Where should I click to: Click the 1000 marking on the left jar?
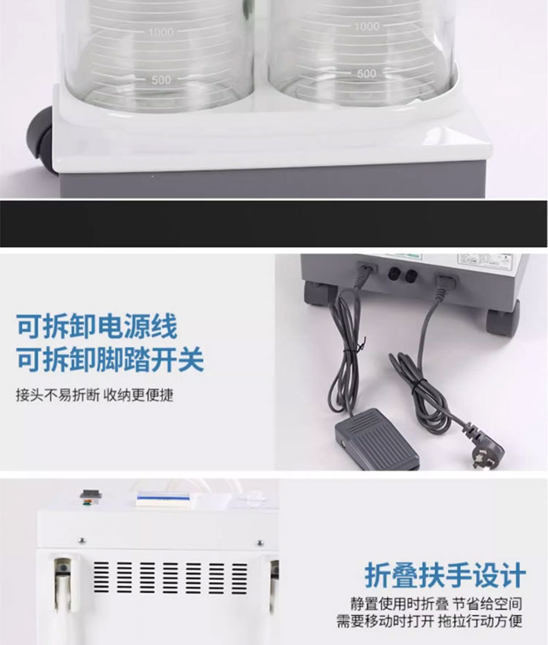coord(160,32)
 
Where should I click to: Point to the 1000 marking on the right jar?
coord(367,26)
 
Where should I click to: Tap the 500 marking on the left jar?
coord(161,80)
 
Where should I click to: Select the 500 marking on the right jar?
coord(366,73)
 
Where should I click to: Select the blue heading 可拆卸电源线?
coord(96,326)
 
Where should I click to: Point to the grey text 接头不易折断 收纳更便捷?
coord(94,396)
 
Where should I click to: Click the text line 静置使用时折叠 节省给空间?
coord(436,604)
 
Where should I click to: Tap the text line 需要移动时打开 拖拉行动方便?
coord(429,621)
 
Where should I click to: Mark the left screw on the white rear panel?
coord(81,541)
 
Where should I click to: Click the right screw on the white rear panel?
coord(260,542)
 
